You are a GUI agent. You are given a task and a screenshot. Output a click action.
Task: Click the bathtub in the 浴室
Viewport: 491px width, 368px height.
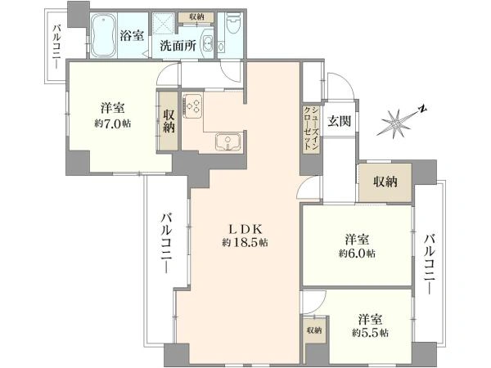pos(104,35)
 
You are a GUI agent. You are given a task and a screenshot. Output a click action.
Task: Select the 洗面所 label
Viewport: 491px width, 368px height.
pos(178,46)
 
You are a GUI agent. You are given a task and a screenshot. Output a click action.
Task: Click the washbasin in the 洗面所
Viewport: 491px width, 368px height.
pos(207,43)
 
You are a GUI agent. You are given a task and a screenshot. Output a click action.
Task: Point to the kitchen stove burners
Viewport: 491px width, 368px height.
pos(192,105)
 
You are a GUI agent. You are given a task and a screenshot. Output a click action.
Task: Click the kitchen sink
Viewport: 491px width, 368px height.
pos(228,141)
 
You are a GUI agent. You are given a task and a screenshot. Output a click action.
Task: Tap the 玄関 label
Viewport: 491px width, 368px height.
pos(339,120)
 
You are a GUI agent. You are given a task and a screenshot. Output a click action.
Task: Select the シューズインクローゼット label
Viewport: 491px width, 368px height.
pos(311,128)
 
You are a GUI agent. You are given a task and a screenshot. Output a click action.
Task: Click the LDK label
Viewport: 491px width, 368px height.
pos(245,229)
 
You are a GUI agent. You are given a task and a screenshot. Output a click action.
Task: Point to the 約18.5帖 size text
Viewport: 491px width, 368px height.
pos(245,243)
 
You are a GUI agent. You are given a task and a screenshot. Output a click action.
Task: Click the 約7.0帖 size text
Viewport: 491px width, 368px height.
pos(112,123)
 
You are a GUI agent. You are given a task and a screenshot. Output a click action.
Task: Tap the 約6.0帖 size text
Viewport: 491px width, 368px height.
pos(357,254)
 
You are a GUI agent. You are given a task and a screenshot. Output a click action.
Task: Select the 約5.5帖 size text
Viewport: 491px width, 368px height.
pos(370,333)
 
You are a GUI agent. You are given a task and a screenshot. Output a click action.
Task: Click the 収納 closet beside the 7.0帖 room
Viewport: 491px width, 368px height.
pos(169,121)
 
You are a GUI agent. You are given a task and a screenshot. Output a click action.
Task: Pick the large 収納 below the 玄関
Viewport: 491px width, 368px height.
pos(385,182)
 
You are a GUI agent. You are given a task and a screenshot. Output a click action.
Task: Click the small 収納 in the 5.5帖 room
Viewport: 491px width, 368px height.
pos(314,330)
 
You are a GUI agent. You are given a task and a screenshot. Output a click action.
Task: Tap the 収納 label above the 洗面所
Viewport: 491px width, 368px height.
pos(196,17)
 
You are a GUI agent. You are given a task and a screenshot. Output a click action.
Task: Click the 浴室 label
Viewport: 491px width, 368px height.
pos(132,35)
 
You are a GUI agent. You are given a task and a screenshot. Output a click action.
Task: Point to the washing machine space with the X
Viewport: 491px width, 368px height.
pos(163,23)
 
